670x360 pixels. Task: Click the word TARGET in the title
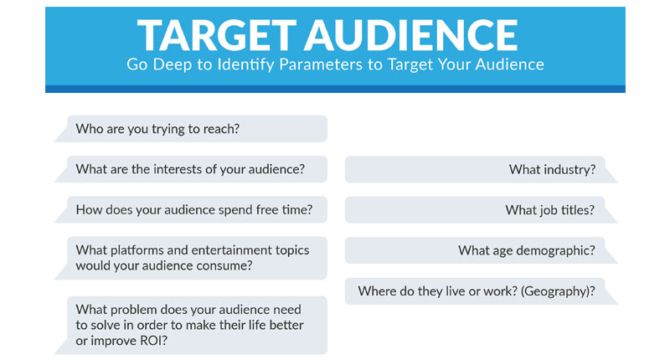pyautogui.click(x=217, y=35)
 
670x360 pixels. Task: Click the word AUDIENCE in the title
pyautogui.click(x=411, y=35)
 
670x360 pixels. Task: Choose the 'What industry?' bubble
pyautogui.click(x=481, y=170)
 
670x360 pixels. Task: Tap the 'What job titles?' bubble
pyautogui.click(x=481, y=209)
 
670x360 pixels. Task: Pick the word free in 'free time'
pyautogui.click(x=267, y=209)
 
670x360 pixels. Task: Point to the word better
pyautogui.click(x=286, y=325)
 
